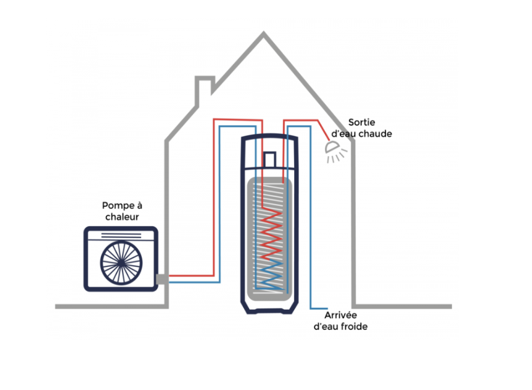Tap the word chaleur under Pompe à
coord(122,217)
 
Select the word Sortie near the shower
coord(361,122)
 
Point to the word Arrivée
coord(340,316)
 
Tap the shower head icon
coord(336,152)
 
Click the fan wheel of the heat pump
coord(121,263)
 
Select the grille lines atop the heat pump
coord(121,235)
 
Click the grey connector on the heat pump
coord(162,279)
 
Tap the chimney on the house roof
coord(205,91)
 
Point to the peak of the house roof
coord(264,32)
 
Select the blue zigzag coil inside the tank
coord(270,274)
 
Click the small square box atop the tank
coord(270,160)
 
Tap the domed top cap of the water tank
coord(270,137)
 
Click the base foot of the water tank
coord(270,310)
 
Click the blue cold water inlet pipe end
coord(327,308)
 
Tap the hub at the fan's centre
coord(121,263)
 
